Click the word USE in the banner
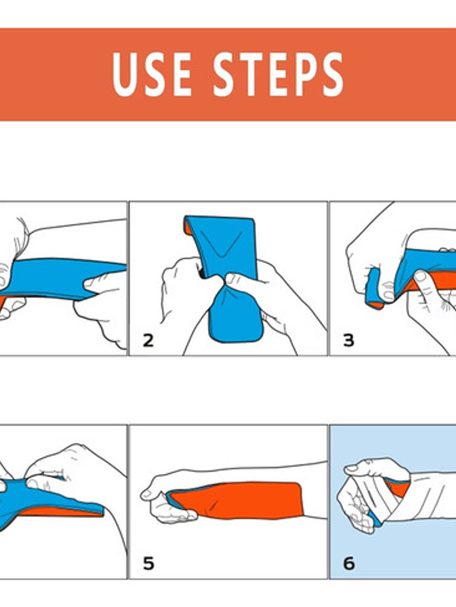(x=152, y=74)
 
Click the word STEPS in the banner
(x=278, y=74)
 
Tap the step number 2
(x=148, y=340)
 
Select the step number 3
(x=349, y=340)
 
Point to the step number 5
(x=148, y=563)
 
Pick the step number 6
(x=349, y=563)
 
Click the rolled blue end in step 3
(x=374, y=288)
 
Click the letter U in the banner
(x=124, y=74)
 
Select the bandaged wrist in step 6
(x=427, y=496)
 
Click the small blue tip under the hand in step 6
(x=374, y=519)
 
